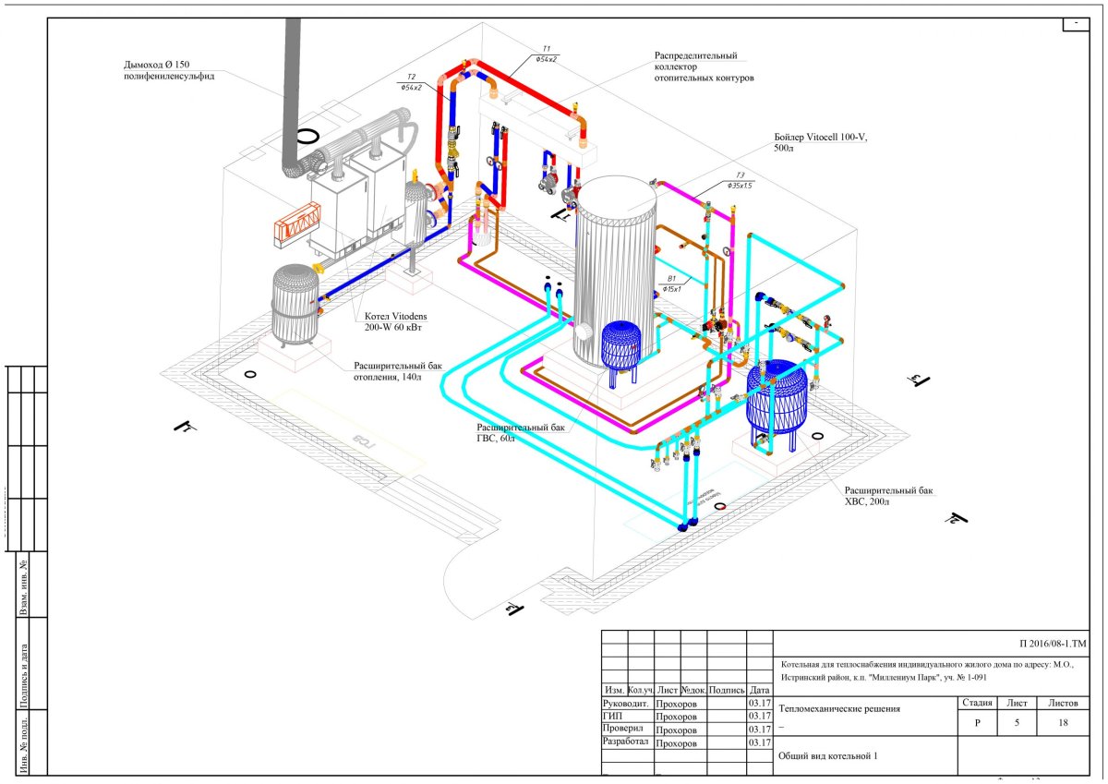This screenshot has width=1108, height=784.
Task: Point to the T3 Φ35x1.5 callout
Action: pyautogui.click(x=740, y=180)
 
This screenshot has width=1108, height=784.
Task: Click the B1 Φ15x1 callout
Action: pyautogui.click(x=671, y=283)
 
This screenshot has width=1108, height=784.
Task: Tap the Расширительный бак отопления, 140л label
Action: pyautogui.click(x=398, y=370)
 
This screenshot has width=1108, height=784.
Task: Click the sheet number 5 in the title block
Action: pyautogui.click(x=1017, y=723)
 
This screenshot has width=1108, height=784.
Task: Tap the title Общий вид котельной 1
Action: pyautogui.click(x=826, y=756)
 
